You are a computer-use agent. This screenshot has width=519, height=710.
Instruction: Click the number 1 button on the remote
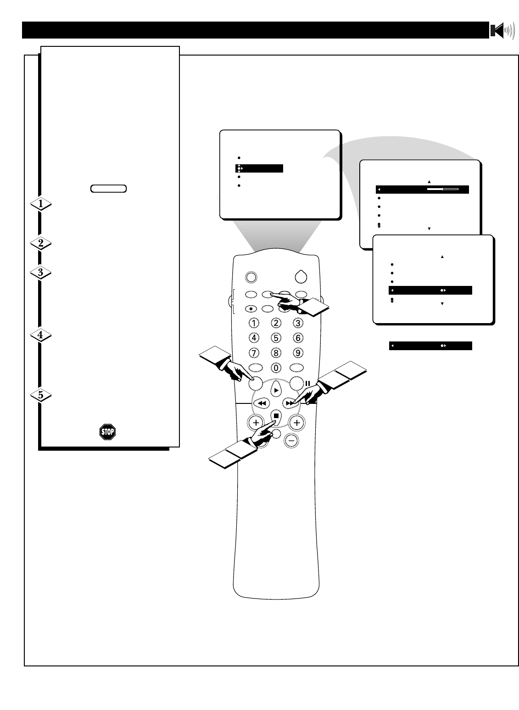pyautogui.click(x=254, y=323)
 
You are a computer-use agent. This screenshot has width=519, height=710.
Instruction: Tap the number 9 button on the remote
pyautogui.click(x=298, y=353)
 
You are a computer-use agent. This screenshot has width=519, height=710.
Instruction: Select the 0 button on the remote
pyautogui.click(x=276, y=368)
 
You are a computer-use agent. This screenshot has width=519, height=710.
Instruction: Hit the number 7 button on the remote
pyautogui.click(x=254, y=353)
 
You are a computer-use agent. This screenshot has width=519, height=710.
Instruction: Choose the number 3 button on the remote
pyautogui.click(x=298, y=323)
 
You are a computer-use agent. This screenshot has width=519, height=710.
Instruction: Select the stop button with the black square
pyautogui.click(x=276, y=416)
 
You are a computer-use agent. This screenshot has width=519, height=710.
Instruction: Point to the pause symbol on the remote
pyautogui.click(x=308, y=383)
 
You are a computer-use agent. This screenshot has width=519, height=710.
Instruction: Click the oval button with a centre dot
pyautogui.click(x=251, y=308)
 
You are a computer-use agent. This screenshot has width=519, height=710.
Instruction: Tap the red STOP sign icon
pyautogui.click(x=107, y=432)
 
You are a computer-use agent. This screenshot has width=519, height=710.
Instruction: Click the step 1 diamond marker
pyautogui.click(x=41, y=204)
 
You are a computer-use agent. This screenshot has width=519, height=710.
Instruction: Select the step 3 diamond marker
pyautogui.click(x=41, y=273)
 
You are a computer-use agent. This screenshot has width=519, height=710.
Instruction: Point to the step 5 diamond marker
pyautogui.click(x=41, y=395)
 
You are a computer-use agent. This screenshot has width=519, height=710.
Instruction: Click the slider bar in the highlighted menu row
pyautogui.click(x=443, y=189)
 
